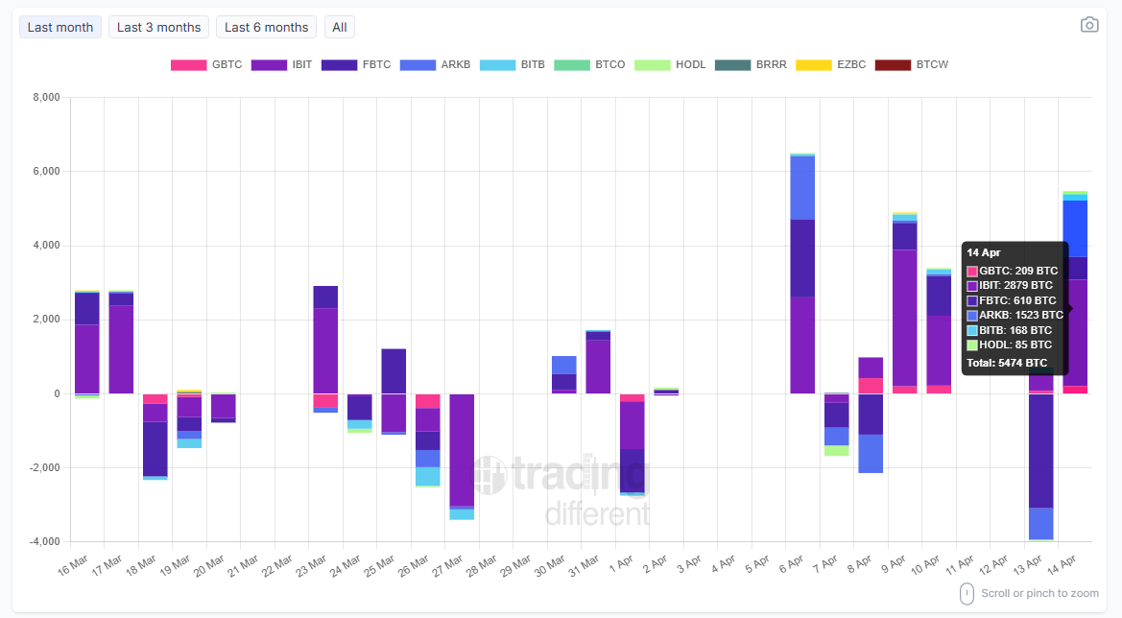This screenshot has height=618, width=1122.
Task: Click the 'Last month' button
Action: point(60,27)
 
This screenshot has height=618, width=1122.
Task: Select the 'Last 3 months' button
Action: point(158,27)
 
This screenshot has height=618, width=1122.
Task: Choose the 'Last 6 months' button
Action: point(266,27)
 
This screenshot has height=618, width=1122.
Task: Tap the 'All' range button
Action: point(340,27)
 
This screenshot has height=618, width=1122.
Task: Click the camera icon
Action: point(1089,25)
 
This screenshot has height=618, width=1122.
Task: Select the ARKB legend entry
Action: point(435,65)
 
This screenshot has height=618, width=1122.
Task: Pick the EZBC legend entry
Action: point(831,65)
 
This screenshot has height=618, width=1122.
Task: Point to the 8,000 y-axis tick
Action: point(46,98)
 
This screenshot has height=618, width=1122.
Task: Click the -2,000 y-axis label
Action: point(44,468)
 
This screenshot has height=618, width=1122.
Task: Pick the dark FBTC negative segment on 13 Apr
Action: point(1040,451)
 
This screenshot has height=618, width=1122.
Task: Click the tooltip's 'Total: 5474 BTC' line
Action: point(1007,363)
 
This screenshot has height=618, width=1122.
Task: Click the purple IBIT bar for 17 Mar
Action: point(121,349)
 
